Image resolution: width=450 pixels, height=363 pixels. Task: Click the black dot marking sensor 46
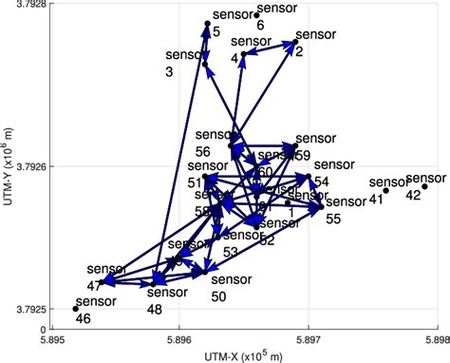pos(76,308)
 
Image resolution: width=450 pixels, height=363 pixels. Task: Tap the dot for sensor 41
pos(386,190)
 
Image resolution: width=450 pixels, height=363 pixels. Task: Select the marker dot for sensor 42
pos(425,186)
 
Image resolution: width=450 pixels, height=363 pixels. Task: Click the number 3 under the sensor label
pos(169,71)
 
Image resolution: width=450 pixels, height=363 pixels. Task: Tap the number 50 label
pos(218,296)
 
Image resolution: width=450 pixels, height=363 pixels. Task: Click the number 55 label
pos(333,219)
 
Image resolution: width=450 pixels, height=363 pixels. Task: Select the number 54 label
pos(322,181)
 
